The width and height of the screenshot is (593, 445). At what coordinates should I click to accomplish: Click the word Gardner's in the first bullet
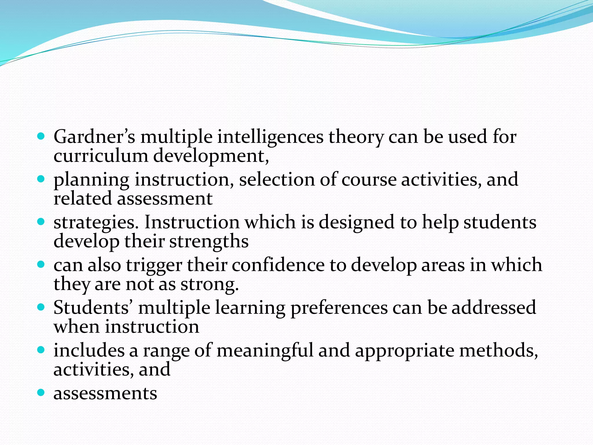pos(94,137)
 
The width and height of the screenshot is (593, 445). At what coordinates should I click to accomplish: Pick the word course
pos(369,180)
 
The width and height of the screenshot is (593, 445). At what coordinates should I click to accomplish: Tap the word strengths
pos(209,242)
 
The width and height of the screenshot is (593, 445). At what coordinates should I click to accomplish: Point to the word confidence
pos(278,265)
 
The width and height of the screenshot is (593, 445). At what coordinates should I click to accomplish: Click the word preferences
pos(339,308)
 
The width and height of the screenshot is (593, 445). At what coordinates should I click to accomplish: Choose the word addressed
pos(494,307)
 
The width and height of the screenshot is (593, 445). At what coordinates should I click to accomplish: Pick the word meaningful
pos(265,351)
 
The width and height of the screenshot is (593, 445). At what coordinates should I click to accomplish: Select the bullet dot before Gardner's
pos(41,136)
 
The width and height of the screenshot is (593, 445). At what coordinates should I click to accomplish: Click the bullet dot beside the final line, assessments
pos(41,393)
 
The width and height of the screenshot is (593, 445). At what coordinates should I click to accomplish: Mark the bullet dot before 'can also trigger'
pos(41,265)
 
